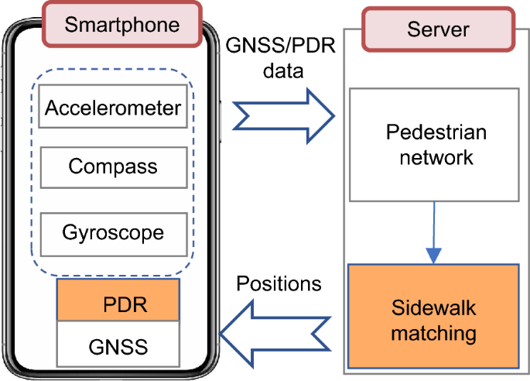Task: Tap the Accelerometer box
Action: (x=113, y=108)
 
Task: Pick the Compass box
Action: (x=113, y=166)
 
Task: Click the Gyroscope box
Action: (x=113, y=232)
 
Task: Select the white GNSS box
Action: (x=118, y=342)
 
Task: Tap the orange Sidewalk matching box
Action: (x=433, y=318)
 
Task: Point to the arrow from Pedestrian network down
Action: (x=435, y=232)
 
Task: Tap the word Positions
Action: (x=279, y=283)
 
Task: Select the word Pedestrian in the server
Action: (x=436, y=132)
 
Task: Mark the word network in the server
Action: (x=436, y=157)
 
